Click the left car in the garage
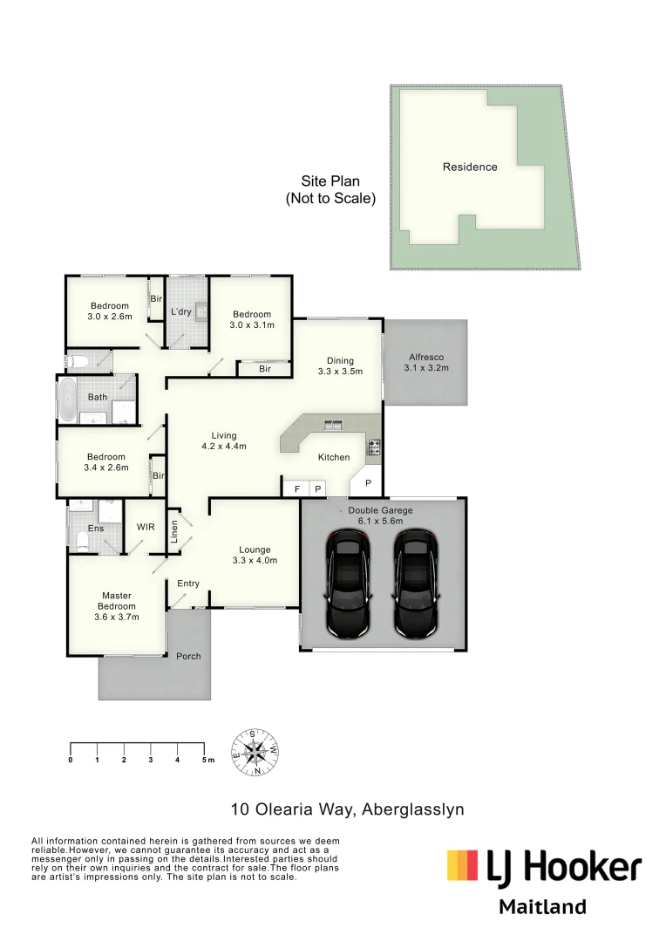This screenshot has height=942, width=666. click(x=350, y=584)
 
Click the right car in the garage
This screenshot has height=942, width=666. click(x=416, y=584)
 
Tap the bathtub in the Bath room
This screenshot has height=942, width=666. click(x=66, y=399)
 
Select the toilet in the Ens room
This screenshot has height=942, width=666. click(x=82, y=540)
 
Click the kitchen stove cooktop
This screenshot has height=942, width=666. click(x=374, y=447)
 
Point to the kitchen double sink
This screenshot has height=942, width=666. click(x=333, y=426)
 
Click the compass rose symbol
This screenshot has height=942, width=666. click(x=255, y=752)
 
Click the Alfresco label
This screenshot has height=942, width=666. click(x=426, y=357)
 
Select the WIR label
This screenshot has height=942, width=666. click(x=146, y=527)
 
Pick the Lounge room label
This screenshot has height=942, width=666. click(x=255, y=549)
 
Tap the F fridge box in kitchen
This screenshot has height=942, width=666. click(x=296, y=488)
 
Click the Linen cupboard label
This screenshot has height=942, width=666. click(x=174, y=532)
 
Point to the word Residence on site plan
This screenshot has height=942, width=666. click(x=470, y=167)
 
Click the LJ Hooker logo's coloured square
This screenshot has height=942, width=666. click(x=462, y=865)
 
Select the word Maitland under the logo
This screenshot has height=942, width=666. click(x=543, y=906)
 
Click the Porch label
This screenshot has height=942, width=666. click(x=188, y=656)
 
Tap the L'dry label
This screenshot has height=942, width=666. click(x=180, y=311)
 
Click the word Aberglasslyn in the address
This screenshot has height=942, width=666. click(x=414, y=809)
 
